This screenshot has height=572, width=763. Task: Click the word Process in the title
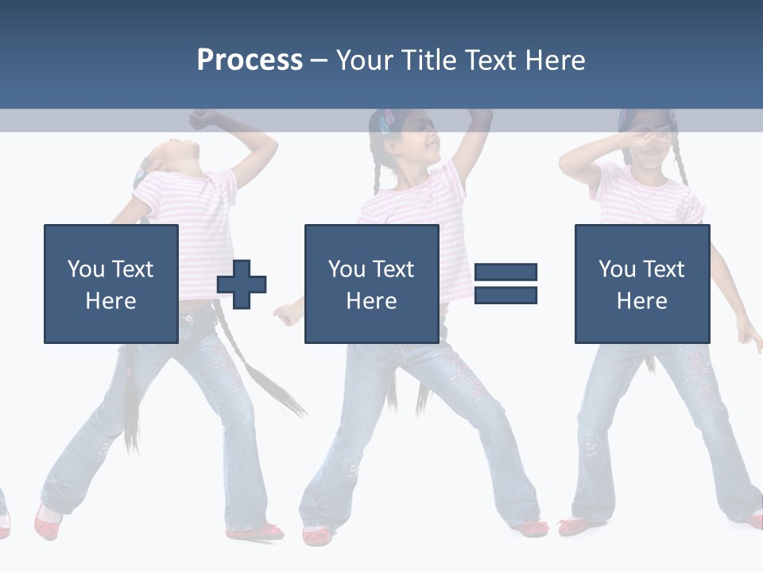tap(250, 60)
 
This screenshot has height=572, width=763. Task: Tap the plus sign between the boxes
tap(242, 284)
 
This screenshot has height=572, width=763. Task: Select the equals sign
tap(505, 284)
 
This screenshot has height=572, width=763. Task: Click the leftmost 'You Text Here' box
tap(110, 284)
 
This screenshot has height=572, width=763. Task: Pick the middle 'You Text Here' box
tap(371, 284)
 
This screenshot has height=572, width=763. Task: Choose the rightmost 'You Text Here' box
tap(641, 284)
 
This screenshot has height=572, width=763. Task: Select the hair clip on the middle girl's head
tap(387, 122)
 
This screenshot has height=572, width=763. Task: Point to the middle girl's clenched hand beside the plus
tap(286, 314)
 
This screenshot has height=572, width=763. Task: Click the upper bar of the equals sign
tap(505, 272)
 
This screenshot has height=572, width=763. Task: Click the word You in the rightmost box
tap(618, 269)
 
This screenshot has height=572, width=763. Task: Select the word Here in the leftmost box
tap(110, 300)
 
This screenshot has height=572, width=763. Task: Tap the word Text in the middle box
tap(393, 269)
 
